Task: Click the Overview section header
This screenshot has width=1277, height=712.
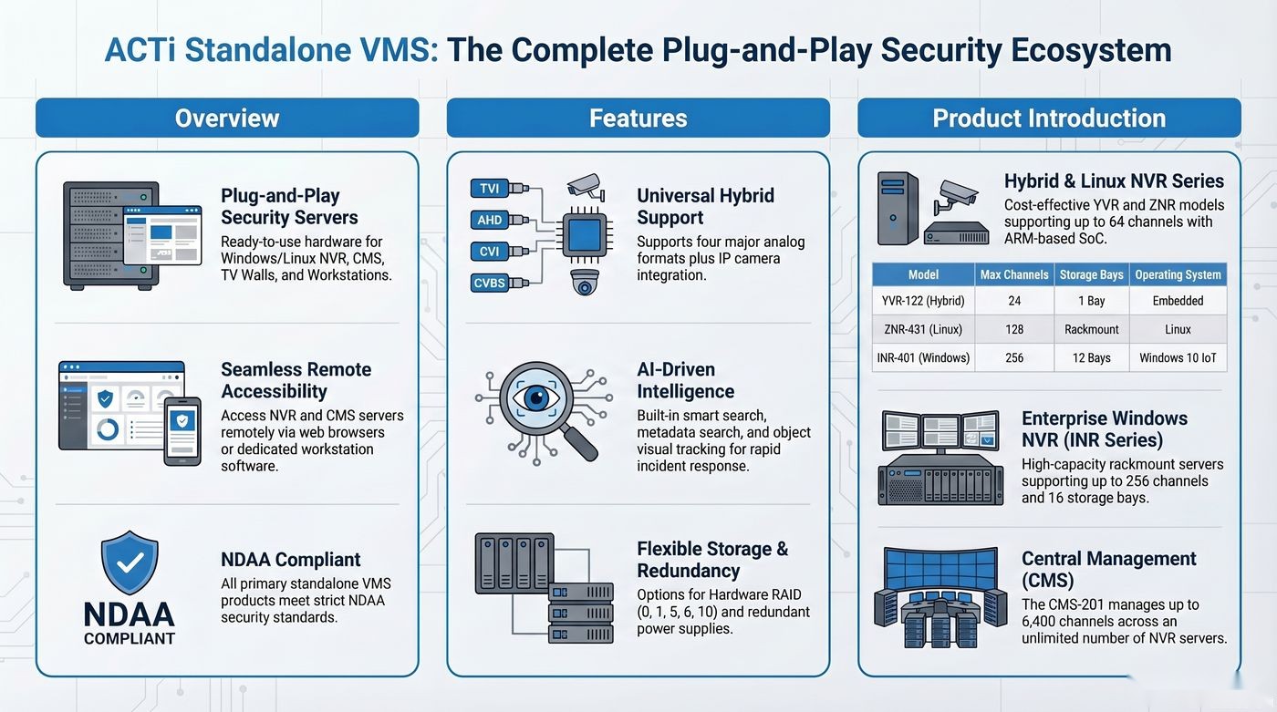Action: click(227, 118)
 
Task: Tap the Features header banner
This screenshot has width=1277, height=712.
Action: click(638, 118)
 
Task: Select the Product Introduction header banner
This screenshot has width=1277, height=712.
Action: click(1049, 118)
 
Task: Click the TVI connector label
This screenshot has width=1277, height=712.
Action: click(489, 189)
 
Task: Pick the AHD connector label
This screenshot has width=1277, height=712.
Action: click(489, 220)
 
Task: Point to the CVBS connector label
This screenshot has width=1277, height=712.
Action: click(489, 284)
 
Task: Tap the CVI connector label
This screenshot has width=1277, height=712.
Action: click(489, 252)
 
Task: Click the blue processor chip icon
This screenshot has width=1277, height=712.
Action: click(585, 234)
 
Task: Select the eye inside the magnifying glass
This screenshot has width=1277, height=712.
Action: click(536, 397)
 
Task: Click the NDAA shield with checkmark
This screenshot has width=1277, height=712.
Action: click(130, 562)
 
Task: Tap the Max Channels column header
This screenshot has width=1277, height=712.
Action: click(1014, 274)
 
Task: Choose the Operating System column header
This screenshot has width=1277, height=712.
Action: click(1178, 274)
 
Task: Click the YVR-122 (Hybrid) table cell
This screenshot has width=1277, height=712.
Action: click(923, 301)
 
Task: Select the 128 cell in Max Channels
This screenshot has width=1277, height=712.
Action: click(1014, 329)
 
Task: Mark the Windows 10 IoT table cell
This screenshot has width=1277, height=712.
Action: click(1178, 357)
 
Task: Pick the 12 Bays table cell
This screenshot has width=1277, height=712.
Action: click(1091, 357)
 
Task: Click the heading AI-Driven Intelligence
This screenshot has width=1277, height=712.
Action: click(685, 380)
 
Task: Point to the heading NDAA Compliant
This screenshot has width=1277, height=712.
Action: click(291, 560)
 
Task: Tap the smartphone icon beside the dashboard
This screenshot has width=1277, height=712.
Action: click(182, 432)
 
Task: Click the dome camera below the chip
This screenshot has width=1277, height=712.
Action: click(585, 282)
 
